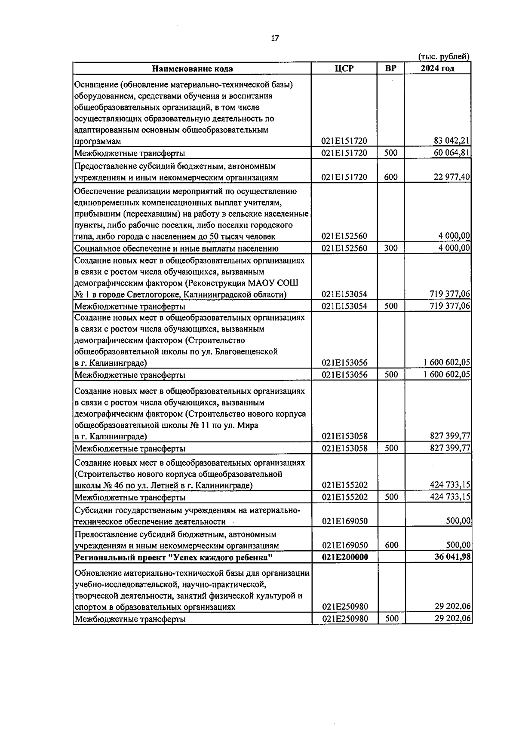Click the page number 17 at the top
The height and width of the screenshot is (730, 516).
pos(275,38)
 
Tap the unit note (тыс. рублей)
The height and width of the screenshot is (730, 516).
pos(444,56)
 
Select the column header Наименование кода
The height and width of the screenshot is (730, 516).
pos(192,68)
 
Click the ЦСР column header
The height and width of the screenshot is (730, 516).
pos(344,68)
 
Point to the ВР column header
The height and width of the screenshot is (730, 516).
pos(391,68)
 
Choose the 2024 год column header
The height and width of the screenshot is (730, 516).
pos(437,68)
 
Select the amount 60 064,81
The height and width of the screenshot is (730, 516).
pos(451,153)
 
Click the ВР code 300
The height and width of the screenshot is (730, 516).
pos(391,248)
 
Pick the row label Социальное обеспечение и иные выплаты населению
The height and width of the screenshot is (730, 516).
pos(176,248)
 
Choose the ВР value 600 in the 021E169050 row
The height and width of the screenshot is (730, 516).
pos(391,545)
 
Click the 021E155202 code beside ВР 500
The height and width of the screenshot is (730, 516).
pos(344,497)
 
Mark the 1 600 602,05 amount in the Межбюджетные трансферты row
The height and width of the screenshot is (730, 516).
pos(447,374)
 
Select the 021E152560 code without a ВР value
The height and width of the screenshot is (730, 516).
pos(344,236)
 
